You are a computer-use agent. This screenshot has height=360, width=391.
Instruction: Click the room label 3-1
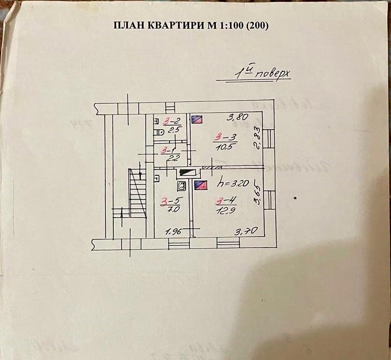pyautogui.click(x=168, y=150)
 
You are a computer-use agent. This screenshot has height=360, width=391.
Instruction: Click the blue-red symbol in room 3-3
pyautogui.click(x=197, y=119)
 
